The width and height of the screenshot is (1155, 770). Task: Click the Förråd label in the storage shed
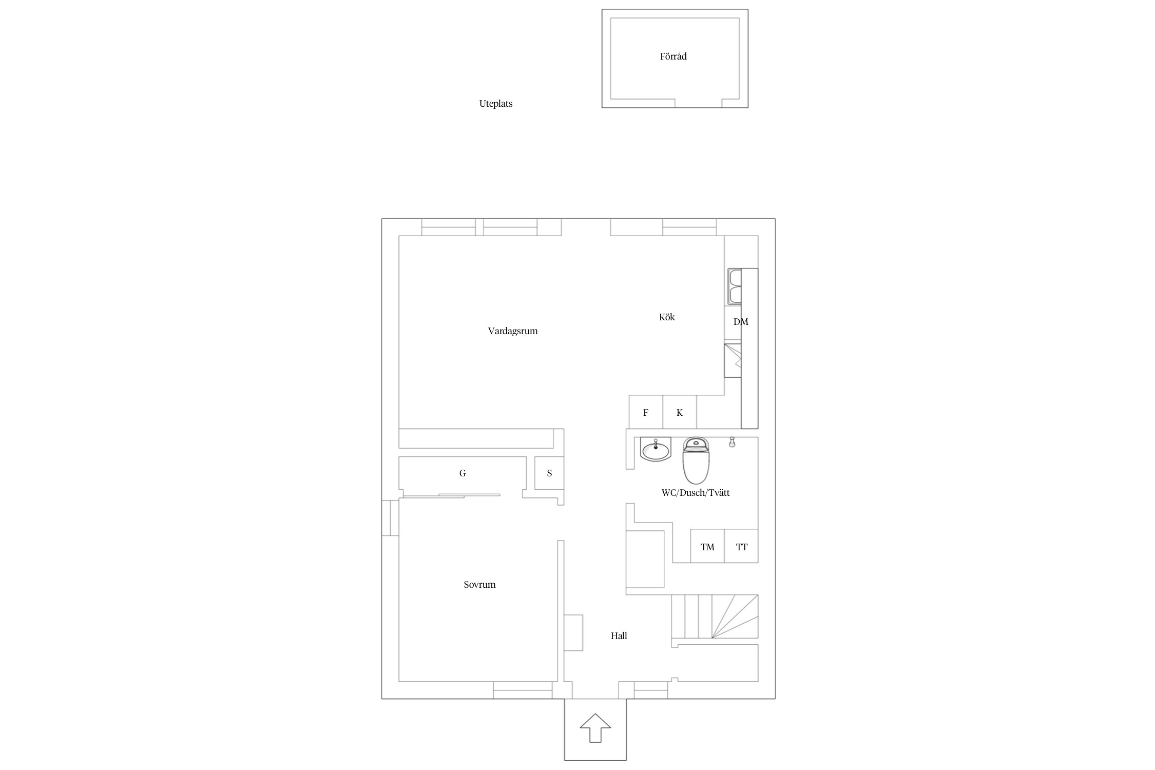(673, 56)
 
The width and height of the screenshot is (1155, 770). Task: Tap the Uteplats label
(496, 104)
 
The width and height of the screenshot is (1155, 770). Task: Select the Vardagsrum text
(513, 331)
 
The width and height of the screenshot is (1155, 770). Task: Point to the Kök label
(667, 317)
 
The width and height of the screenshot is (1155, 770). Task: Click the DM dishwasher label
(741, 322)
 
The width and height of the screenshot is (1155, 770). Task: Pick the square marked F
(646, 412)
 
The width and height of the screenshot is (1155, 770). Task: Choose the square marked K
(680, 412)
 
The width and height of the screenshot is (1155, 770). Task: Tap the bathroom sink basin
(656, 449)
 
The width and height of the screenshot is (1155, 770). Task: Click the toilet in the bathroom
(696, 460)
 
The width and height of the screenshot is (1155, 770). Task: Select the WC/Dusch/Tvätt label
(696, 493)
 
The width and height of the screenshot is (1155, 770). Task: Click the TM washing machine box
(707, 546)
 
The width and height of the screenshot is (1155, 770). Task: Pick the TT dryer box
(741, 546)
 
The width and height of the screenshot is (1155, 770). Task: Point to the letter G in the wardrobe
(463, 473)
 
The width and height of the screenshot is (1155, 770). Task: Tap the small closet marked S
(549, 473)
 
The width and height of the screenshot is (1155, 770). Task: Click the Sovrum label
(479, 585)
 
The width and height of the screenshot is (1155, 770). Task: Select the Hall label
(619, 636)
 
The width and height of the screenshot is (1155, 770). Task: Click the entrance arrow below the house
(595, 727)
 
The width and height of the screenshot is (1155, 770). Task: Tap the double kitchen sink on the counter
(735, 286)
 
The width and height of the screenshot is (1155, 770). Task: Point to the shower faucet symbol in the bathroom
(732, 442)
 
